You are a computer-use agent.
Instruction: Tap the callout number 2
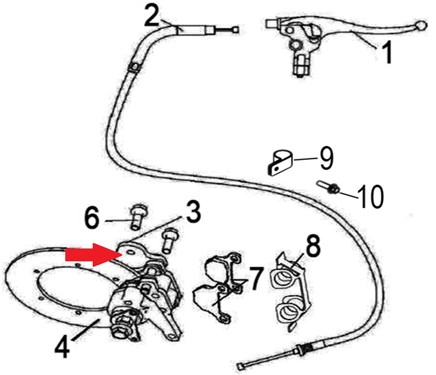click(x=152, y=16)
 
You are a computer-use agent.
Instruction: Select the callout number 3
click(x=193, y=212)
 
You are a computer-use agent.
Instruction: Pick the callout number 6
click(x=91, y=218)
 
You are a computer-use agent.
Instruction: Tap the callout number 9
click(x=326, y=158)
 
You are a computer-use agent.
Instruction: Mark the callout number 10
click(x=371, y=197)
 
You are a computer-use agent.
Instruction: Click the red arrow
click(x=94, y=254)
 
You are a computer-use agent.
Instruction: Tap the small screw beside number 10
click(x=328, y=187)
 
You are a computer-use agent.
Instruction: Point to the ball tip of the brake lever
click(x=420, y=25)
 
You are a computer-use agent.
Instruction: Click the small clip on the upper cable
click(x=134, y=67)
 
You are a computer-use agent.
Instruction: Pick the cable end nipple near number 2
click(x=236, y=30)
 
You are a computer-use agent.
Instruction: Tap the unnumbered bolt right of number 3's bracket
click(x=168, y=240)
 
